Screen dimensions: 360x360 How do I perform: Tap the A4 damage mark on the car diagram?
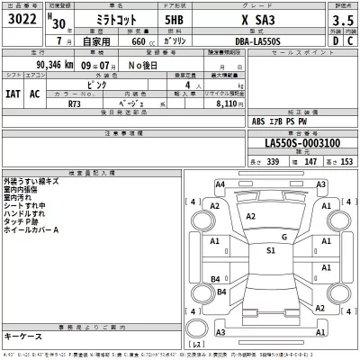(220, 184)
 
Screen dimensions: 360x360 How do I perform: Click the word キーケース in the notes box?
(24, 335)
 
